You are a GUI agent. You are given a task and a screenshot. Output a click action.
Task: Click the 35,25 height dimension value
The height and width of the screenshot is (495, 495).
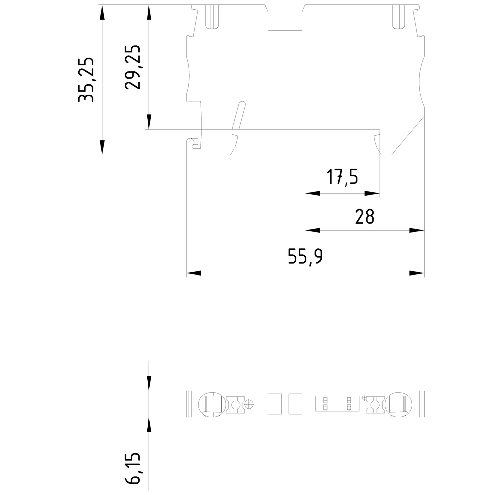pyautogui.click(x=87, y=80)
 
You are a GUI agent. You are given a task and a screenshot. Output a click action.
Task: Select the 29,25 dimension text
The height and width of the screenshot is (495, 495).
pyautogui.click(x=133, y=67)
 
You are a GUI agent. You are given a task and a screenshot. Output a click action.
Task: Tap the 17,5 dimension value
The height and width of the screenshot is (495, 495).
pyautogui.click(x=342, y=176)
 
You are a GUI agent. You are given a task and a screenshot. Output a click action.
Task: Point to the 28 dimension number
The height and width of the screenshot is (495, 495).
pyautogui.click(x=365, y=216)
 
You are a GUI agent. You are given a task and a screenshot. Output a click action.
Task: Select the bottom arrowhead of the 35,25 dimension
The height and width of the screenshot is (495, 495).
pyautogui.click(x=102, y=148)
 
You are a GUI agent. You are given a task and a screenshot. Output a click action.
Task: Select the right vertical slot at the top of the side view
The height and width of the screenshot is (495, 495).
pyautogui.click(x=397, y=17)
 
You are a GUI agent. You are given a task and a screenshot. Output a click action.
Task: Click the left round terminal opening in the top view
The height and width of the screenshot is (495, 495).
pyautogui.click(x=212, y=404)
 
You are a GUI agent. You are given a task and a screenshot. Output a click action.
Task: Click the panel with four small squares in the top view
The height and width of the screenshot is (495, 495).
pyautogui.click(x=337, y=404)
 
